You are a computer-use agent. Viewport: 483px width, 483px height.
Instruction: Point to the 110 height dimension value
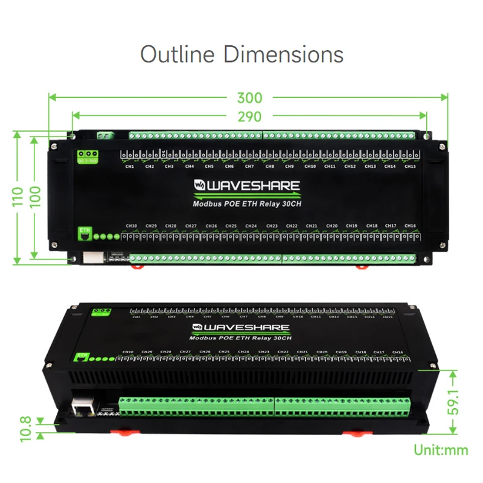(19, 196)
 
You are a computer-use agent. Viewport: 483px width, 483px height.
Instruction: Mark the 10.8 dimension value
(25, 428)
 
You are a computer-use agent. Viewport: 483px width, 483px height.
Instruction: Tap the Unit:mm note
(441, 450)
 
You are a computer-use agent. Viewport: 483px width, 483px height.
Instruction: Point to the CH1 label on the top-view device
(129, 167)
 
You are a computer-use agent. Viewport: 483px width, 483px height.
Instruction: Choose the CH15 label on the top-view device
(409, 167)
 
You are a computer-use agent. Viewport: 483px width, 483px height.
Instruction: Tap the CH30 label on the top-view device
(131, 226)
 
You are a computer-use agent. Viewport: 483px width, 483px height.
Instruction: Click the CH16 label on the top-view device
(410, 226)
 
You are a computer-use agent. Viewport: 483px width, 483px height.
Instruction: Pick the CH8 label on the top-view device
(270, 167)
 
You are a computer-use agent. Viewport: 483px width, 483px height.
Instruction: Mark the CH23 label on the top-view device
(272, 226)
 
